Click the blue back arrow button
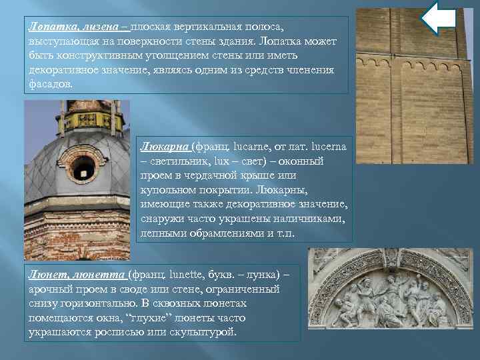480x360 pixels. click(x=439, y=18)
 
